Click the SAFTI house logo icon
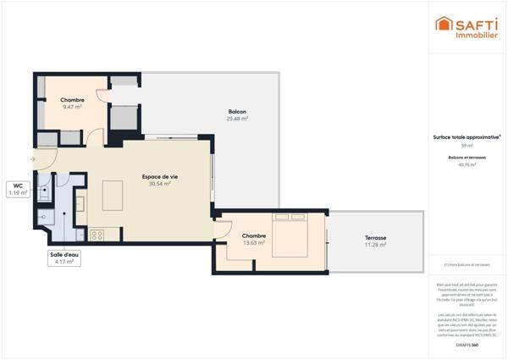tap(443, 25)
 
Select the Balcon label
tap(237, 112)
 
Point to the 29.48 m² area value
tap(237, 119)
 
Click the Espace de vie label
tap(160, 176)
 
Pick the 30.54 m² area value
tap(160, 184)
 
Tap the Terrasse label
tap(376, 237)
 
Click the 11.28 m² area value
tap(376, 245)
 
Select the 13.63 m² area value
tap(254, 243)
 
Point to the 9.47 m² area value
tap(72, 108)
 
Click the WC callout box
tap(18, 189)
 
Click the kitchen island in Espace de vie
tap(113, 196)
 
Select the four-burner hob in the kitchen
tap(97, 235)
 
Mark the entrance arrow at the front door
tap(33, 158)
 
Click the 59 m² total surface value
tap(467, 146)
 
